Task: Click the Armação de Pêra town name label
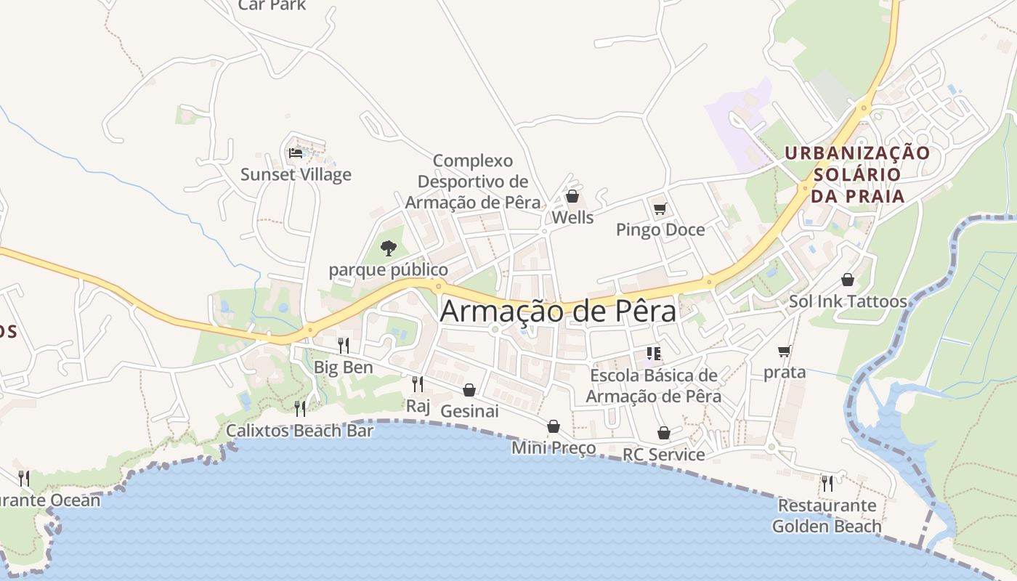(x=558, y=312)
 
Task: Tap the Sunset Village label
(x=296, y=174)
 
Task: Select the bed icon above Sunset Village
(x=296, y=153)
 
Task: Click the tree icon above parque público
(x=389, y=248)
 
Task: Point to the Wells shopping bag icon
(x=572, y=196)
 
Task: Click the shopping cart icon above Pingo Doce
(x=660, y=209)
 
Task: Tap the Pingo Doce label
(x=660, y=229)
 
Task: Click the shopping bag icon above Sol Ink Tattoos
(x=848, y=280)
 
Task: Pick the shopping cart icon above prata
(x=784, y=352)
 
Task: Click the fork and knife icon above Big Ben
(x=344, y=345)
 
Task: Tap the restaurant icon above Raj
(x=418, y=383)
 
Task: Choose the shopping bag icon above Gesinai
(x=469, y=390)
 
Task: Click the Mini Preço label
(x=554, y=447)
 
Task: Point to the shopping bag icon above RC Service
(x=664, y=433)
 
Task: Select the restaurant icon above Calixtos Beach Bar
(x=299, y=408)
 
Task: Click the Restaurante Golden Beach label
(x=827, y=516)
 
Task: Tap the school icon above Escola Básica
(x=653, y=354)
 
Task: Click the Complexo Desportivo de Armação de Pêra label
(x=473, y=182)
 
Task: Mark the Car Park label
(x=272, y=5)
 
